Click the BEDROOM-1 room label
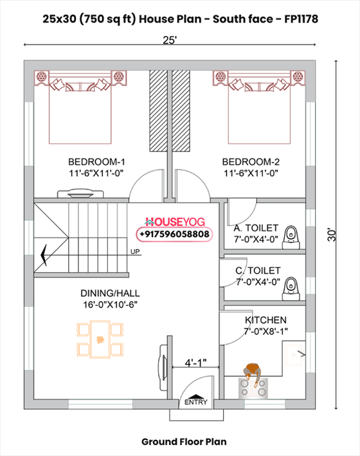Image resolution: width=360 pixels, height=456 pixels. pos(96,162)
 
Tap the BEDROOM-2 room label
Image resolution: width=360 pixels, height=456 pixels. pos(251,162)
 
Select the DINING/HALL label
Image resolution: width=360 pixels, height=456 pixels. pos(110,293)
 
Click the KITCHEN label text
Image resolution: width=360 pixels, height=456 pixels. pos(265,320)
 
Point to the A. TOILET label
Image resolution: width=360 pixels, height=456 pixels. pos(256,228)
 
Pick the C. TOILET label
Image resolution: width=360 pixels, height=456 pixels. pos(258,271)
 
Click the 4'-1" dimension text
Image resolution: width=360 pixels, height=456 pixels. pos(195,363)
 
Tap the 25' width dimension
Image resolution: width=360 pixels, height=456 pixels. pos(170,40)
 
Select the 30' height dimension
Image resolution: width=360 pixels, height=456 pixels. pos(332,234)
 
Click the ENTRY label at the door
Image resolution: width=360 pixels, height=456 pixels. pos(196,402)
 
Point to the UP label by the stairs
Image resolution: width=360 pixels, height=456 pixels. pos(135,252)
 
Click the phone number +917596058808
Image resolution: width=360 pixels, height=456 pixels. pos(174,234)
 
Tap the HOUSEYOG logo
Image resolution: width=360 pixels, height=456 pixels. pos(175,222)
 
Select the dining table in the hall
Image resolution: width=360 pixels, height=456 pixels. pos(100,339)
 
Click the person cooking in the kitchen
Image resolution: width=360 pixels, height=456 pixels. pos(253,374)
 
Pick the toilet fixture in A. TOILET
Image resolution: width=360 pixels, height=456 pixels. pos(291,237)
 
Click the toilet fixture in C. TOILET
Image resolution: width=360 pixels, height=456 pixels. pos(291,289)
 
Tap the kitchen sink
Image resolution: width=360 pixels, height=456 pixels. pos(294,355)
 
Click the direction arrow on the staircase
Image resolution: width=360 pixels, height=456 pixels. pos(44,255)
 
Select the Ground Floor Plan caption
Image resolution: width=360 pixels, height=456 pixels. pos(184,442)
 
